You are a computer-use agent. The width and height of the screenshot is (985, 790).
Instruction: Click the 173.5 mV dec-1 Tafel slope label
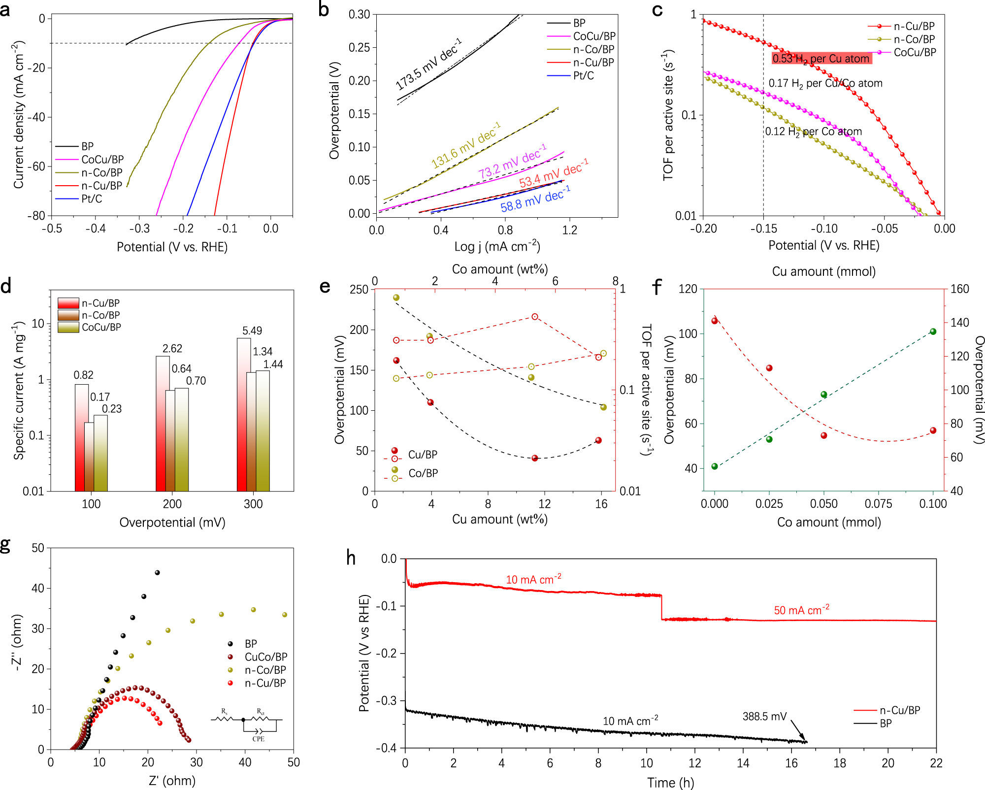[428, 65]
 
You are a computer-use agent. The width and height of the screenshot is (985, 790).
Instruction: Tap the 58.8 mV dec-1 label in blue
[535, 199]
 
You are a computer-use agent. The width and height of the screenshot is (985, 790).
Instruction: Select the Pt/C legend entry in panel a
[92, 199]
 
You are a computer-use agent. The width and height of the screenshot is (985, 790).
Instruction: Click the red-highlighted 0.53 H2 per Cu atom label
[821, 59]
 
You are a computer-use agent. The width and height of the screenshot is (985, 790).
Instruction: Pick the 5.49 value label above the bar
[252, 330]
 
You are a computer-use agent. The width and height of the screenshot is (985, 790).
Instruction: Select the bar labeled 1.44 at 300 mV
[263, 430]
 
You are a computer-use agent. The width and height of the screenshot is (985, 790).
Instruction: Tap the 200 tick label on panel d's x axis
[172, 504]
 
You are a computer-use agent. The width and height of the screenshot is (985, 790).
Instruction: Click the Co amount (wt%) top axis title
[500, 269]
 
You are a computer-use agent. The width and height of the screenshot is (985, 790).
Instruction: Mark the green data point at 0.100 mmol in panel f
[933, 331]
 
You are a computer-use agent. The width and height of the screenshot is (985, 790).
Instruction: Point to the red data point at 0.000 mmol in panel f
[715, 321]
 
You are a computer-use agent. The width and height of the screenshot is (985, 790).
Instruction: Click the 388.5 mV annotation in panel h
[764, 716]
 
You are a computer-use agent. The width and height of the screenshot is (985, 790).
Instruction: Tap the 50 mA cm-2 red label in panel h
[801, 610]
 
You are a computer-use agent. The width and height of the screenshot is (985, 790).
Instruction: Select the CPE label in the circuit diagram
[258, 739]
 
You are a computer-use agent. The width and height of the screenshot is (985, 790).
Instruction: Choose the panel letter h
[351, 558]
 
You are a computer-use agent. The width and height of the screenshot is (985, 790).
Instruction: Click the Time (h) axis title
[670, 782]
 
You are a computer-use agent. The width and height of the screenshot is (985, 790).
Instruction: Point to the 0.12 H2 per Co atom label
[813, 132]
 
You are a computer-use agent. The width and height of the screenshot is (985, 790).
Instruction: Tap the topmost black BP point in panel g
[157, 573]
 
